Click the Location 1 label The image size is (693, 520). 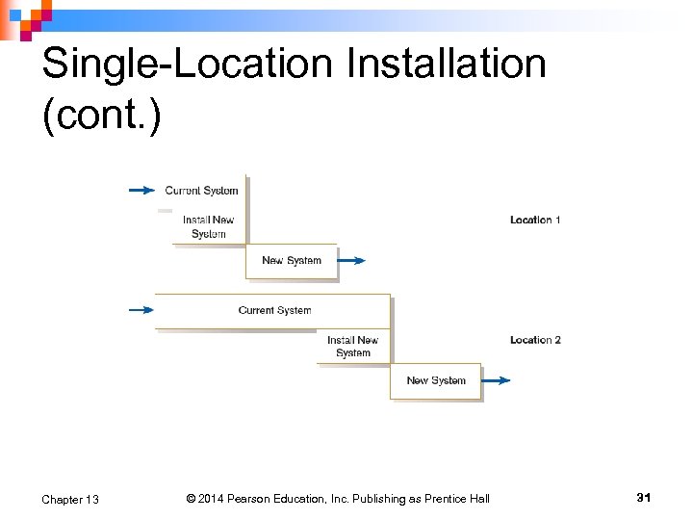point(535,221)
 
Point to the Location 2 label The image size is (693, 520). point(535,340)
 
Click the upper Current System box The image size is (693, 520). point(201,191)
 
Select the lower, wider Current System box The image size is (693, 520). point(274,311)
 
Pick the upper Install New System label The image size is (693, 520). point(209,227)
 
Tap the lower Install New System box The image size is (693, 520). point(353,347)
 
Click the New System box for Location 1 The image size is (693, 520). point(292,261)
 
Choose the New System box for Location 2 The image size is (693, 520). point(436,381)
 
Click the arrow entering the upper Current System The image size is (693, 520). point(141,191)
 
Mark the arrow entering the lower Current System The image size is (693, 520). point(141,310)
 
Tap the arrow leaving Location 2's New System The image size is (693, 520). point(496,380)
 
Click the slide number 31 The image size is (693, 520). point(644,497)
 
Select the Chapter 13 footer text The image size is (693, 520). point(70,499)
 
